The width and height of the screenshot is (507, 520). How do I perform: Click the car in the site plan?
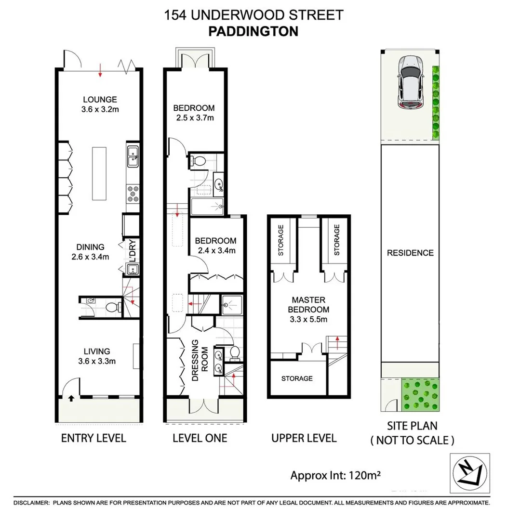[x=410, y=81]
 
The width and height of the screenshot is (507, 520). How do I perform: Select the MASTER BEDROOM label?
[x=307, y=310]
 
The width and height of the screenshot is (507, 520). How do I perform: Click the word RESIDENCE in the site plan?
[x=410, y=253]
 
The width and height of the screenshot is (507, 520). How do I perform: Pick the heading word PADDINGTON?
[x=253, y=31]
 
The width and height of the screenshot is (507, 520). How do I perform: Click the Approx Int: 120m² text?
[x=335, y=476]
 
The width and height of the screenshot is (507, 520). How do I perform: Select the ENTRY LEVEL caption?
[x=93, y=438]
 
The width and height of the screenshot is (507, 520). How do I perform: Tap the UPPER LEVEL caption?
[x=304, y=438]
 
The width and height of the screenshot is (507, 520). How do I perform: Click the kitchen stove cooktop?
[x=133, y=193]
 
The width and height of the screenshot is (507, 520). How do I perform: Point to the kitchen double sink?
[x=133, y=156]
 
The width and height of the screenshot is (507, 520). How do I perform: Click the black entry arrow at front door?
[x=71, y=398]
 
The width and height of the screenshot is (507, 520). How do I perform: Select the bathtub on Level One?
[x=207, y=207]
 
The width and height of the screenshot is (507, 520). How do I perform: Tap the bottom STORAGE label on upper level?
[x=297, y=378]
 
